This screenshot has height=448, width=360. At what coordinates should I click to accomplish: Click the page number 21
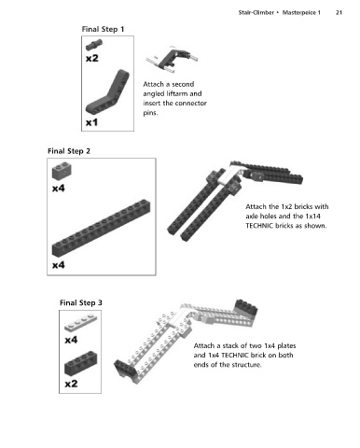(339, 13)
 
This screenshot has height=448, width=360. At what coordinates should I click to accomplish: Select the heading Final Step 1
(103, 29)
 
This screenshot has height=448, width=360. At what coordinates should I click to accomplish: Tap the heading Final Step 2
(69, 151)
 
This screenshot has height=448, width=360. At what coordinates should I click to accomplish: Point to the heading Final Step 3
(81, 302)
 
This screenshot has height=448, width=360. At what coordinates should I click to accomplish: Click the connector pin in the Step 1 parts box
(94, 45)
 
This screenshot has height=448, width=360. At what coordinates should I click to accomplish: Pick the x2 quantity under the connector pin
(92, 58)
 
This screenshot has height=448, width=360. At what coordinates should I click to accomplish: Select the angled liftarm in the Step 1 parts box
(107, 92)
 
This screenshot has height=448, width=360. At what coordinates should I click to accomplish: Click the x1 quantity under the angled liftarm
(91, 122)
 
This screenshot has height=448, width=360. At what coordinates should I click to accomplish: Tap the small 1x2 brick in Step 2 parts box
(62, 171)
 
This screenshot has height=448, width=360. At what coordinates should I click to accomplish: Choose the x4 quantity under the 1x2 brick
(59, 189)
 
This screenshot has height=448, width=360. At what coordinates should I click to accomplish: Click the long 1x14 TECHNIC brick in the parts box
(101, 229)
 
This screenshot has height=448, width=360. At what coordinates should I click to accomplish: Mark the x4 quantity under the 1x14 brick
(59, 265)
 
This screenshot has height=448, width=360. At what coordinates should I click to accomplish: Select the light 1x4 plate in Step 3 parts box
(81, 323)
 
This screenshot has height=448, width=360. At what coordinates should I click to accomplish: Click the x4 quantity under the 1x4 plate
(71, 340)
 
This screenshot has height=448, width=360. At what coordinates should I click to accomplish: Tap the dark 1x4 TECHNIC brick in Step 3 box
(81, 363)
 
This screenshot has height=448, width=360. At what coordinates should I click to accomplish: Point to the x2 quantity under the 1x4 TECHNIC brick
(71, 384)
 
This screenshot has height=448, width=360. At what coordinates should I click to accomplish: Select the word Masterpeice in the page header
(299, 13)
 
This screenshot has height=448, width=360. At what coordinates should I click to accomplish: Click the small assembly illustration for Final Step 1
(172, 59)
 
